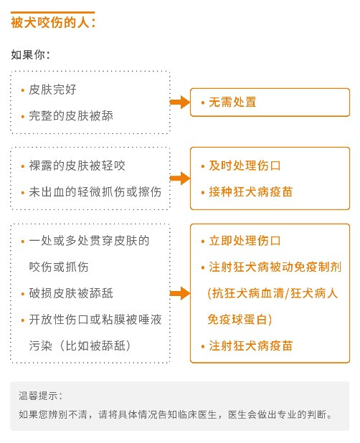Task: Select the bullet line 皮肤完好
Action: (x=52, y=90)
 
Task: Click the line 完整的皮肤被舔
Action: (x=71, y=116)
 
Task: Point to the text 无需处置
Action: (x=232, y=102)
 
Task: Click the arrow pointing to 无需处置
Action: (x=180, y=102)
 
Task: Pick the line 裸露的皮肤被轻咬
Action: (x=77, y=166)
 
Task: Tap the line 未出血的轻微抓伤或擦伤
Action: (x=95, y=192)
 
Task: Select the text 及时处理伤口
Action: (x=245, y=166)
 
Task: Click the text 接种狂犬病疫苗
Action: (x=251, y=192)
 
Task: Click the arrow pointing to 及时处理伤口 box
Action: (x=180, y=178)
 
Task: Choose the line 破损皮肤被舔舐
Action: (x=71, y=293)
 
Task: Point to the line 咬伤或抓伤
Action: (x=59, y=267)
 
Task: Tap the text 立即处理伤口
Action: (x=245, y=241)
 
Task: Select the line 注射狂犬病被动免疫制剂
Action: (x=275, y=267)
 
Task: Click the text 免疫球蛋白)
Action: (x=240, y=319)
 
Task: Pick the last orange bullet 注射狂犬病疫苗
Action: (x=251, y=346)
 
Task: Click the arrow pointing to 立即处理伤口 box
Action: (x=180, y=293)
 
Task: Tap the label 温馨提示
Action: (x=40, y=396)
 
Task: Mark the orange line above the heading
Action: (x=52, y=12)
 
